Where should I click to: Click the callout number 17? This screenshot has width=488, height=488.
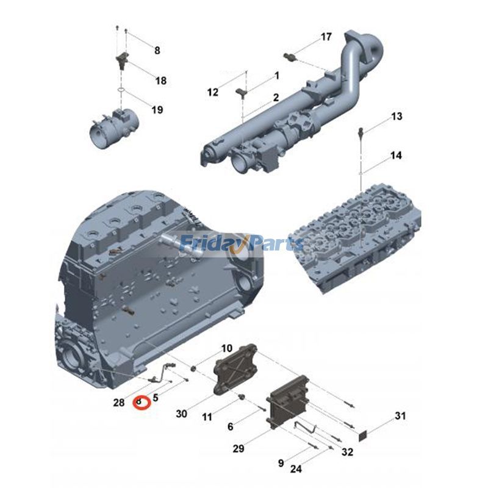tap(326, 37)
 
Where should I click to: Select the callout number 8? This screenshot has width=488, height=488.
tap(157, 51)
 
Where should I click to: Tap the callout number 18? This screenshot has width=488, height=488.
tap(161, 81)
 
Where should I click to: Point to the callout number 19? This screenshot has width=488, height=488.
tap(157, 110)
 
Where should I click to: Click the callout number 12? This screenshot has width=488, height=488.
tap(212, 93)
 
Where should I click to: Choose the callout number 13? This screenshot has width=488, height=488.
tap(396, 116)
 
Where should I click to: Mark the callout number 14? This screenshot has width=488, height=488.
tap(396, 156)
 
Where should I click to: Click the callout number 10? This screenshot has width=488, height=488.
tap(226, 349)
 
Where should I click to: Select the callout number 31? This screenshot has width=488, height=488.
tap(400, 416)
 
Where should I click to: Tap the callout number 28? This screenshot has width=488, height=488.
tap(119, 402)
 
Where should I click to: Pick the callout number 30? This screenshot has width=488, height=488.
tap(181, 414)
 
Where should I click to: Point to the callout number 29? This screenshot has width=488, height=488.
tap(239, 448)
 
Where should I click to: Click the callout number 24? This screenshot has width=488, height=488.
tap(296, 469)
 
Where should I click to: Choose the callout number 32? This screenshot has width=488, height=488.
tap(347, 452)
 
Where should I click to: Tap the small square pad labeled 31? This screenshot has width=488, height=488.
tap(362, 436)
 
